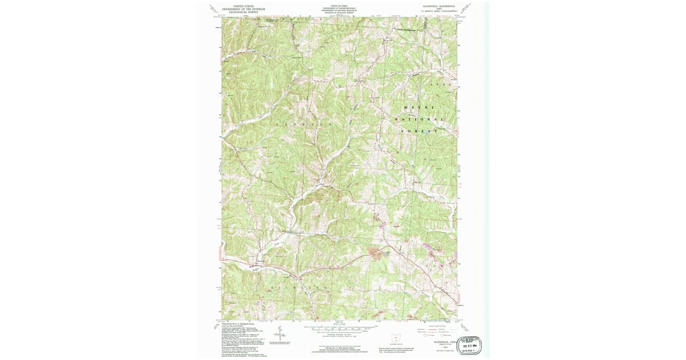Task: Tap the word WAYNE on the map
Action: (420, 107)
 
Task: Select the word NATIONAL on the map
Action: (420, 119)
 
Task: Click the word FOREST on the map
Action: (420, 131)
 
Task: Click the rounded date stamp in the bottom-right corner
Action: (468, 345)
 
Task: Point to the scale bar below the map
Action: (340, 328)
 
